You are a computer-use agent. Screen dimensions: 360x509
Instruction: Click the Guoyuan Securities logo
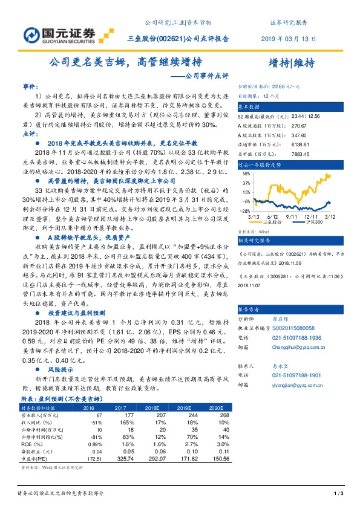[x=59, y=34]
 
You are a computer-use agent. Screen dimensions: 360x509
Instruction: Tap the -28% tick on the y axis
[x=244, y=211]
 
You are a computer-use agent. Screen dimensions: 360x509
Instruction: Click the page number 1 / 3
[x=339, y=495]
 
